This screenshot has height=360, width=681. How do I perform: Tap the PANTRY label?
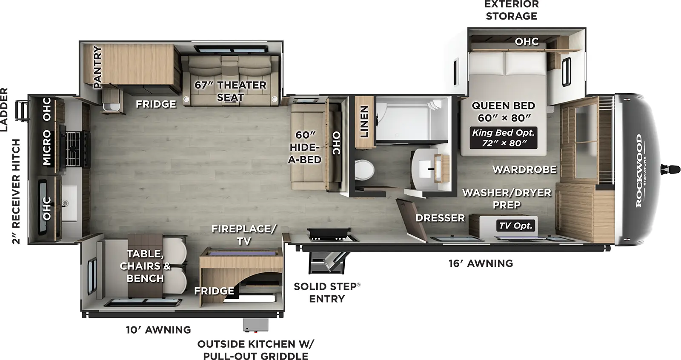click(98, 67)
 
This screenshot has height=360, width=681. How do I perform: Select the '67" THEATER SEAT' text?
click(230, 91)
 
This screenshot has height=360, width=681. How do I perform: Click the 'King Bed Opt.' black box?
click(503, 138)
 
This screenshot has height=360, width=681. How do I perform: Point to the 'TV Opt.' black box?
click(516, 226)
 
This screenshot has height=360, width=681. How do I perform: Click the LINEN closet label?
click(364, 122)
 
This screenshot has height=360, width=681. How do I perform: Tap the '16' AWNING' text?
click(481, 263)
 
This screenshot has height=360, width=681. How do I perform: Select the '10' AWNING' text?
click(158, 330)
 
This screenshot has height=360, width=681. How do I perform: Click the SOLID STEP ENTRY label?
click(326, 292)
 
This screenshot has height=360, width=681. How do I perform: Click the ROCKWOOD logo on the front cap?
click(639, 170)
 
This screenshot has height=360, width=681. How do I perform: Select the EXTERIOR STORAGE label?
click(511, 10)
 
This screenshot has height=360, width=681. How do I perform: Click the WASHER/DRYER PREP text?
click(506, 198)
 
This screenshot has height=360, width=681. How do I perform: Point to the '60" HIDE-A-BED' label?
click(305, 147)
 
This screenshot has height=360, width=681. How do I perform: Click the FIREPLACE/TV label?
click(243, 235)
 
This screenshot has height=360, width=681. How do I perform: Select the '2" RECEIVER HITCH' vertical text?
click(16, 191)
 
